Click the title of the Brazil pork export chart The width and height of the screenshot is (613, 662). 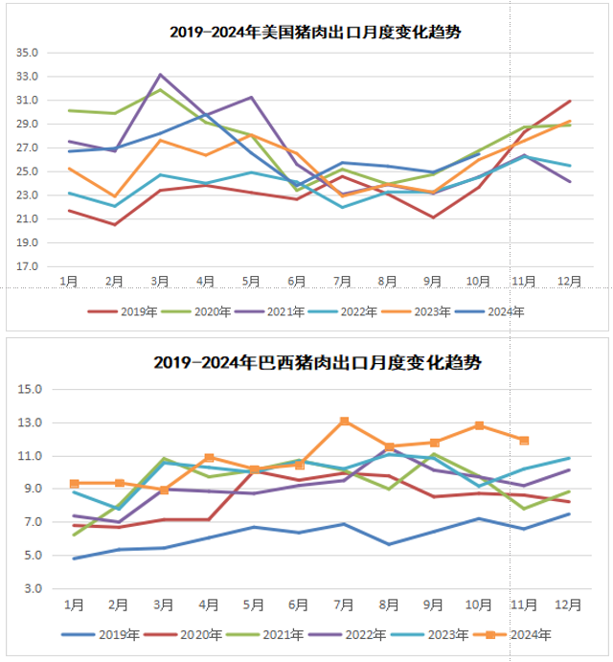tap(317, 364)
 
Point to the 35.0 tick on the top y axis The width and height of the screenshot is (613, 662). tap(27, 53)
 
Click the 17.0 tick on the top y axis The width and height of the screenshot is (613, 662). tap(27, 266)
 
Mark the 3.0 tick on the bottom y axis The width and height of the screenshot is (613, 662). tap(33, 588)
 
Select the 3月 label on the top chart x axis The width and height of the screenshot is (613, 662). tap(160, 281)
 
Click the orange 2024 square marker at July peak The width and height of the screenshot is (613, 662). tap(344, 422)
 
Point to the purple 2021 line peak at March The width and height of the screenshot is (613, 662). tap(160, 74)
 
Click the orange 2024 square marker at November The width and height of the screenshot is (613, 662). tap(524, 441)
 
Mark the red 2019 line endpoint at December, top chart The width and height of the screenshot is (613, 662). tap(571, 101)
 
